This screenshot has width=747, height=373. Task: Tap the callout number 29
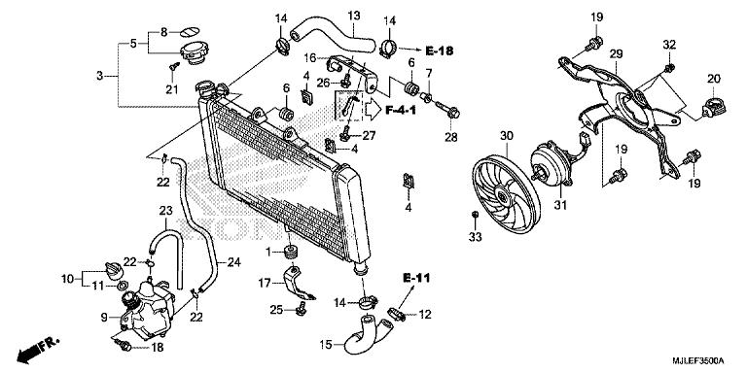(616, 54)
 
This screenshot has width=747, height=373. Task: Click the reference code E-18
(440, 51)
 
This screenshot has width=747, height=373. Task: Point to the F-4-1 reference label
(401, 111)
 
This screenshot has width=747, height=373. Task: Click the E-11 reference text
(416, 278)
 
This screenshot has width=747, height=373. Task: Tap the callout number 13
(353, 16)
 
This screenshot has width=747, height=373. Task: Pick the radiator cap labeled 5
(193, 52)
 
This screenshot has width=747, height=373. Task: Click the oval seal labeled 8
(189, 32)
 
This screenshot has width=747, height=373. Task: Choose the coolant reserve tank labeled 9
(146, 310)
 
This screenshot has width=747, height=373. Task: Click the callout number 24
(233, 262)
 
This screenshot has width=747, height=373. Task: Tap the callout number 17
(265, 284)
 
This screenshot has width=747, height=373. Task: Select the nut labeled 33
(475, 216)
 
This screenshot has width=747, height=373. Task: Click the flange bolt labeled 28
(447, 110)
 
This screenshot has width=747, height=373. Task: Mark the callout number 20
(713, 79)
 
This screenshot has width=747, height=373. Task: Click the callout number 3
(99, 75)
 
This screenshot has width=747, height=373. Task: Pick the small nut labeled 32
(669, 68)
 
